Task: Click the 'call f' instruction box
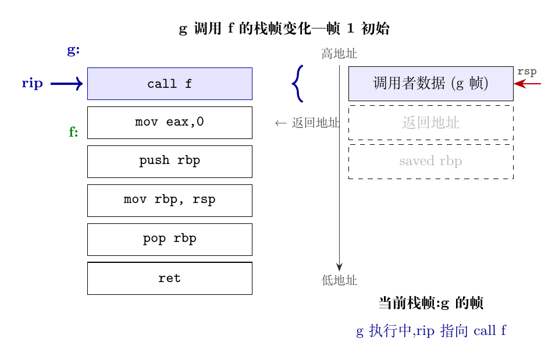click(x=170, y=84)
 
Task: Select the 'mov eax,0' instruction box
click(x=170, y=123)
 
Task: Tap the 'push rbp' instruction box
click(x=170, y=162)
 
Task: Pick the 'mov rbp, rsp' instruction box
click(x=170, y=200)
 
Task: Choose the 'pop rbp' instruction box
click(x=170, y=240)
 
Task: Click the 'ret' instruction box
click(x=170, y=279)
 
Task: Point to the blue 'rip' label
click(x=32, y=83)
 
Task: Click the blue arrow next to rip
click(x=67, y=84)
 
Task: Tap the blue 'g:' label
click(x=73, y=50)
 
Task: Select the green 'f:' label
click(x=73, y=132)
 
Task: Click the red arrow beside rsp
click(x=528, y=84)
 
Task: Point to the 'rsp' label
click(x=527, y=72)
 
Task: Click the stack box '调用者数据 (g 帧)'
click(x=431, y=84)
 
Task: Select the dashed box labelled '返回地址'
click(x=431, y=123)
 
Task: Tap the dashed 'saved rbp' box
click(x=431, y=162)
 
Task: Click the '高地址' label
click(x=339, y=54)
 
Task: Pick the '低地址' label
click(x=339, y=280)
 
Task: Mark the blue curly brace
click(x=298, y=84)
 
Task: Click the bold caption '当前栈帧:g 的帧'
click(x=431, y=303)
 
